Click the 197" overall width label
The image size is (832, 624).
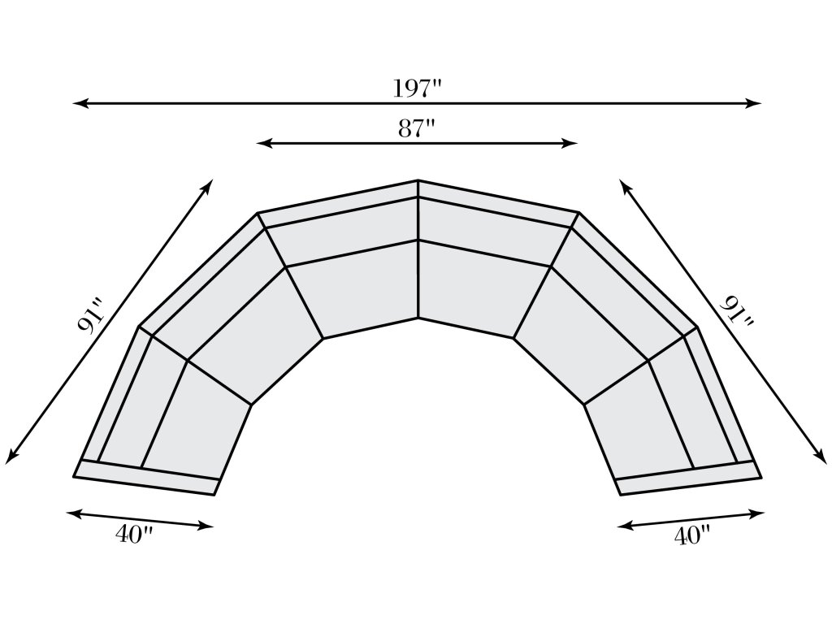point(417,87)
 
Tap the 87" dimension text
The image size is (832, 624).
point(417,128)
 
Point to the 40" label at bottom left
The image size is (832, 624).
point(134,536)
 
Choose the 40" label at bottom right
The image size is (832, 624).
point(692,536)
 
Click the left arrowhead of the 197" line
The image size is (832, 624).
point(77,104)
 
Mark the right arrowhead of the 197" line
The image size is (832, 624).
point(756,104)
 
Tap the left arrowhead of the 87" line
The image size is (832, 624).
point(262,144)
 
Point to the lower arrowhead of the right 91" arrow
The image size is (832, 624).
point(822,459)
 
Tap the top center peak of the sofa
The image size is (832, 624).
point(418,181)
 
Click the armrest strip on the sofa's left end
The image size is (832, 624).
point(146,477)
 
